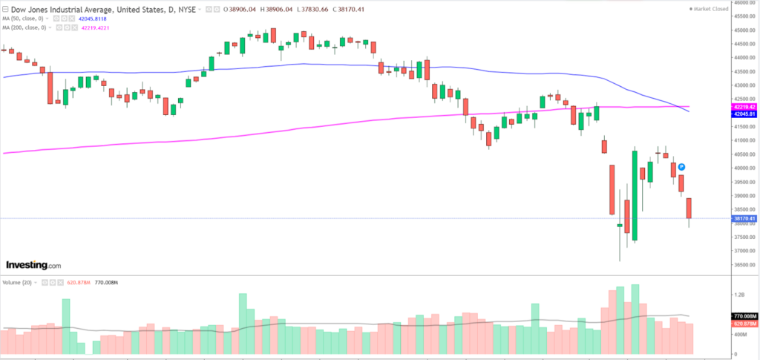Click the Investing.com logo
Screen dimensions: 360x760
[33, 265]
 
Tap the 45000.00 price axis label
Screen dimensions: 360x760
[743, 30]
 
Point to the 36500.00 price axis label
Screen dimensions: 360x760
[743, 264]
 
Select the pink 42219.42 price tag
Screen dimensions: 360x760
[744, 107]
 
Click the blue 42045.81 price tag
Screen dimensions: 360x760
[744, 114]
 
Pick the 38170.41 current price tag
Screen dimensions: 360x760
[744, 219]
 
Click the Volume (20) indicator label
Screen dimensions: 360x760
[16, 283]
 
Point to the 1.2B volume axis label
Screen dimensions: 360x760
[739, 295]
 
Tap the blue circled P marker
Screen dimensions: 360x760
[681, 167]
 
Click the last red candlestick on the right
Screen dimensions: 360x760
[689, 209]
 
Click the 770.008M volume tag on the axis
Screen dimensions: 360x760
[744, 317]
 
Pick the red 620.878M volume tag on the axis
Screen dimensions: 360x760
[744, 324]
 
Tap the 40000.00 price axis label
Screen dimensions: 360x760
[743, 168]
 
